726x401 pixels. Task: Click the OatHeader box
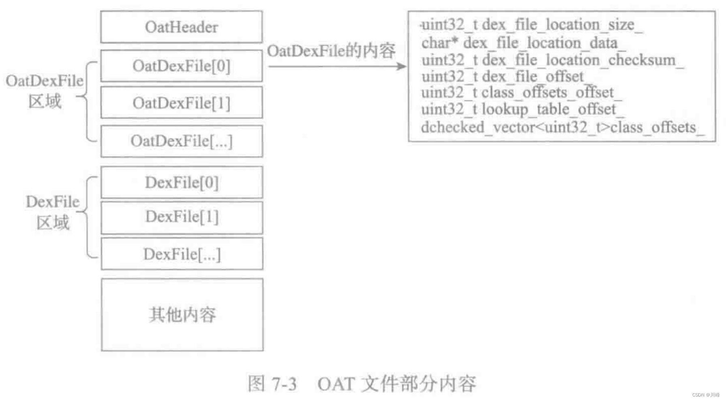point(182,27)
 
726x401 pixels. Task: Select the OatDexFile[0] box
point(182,66)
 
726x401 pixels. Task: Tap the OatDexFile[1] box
point(182,103)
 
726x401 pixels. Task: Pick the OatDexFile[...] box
point(182,141)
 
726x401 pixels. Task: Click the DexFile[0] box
point(182,182)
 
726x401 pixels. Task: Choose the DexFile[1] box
point(182,217)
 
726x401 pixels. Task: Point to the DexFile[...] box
point(182,254)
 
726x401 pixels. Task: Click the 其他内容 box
point(182,315)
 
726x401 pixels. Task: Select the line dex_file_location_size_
point(531,25)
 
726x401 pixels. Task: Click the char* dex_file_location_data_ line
point(523,43)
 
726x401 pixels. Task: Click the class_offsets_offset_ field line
point(521,93)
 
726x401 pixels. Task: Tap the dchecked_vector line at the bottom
point(562,127)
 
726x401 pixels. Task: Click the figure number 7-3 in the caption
point(284,384)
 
